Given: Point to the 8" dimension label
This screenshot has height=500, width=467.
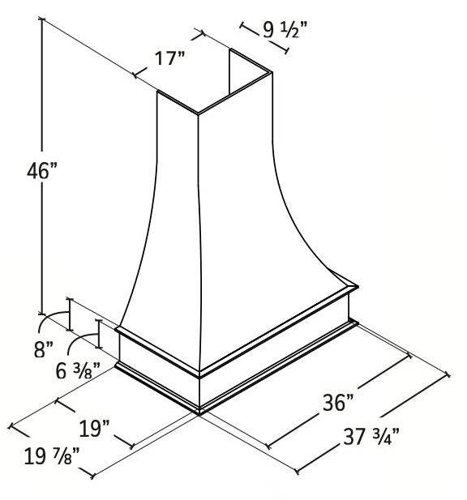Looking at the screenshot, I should tap(44, 350).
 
